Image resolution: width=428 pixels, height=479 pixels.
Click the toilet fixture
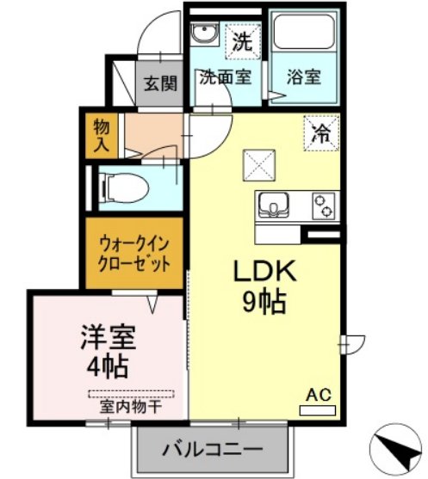click(125, 187)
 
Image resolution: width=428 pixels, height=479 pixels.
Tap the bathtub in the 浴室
click(304, 31)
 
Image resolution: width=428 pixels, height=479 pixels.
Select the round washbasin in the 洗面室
click(204, 34)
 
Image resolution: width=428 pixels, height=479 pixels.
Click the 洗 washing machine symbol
click(243, 41)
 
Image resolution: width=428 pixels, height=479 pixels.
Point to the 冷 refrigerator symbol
click(321, 133)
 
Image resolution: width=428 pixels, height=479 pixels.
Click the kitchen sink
click(273, 206)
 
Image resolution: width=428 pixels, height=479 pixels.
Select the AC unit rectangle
click(317, 410)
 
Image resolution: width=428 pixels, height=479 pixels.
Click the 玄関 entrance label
click(161, 83)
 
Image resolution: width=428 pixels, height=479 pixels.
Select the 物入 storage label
click(102, 135)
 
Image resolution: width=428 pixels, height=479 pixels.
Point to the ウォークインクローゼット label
click(134, 254)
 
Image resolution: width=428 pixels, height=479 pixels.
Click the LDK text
click(265, 271)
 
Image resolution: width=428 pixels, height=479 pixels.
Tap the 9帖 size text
click(264, 302)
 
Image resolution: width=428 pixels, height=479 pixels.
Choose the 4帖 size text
click(108, 366)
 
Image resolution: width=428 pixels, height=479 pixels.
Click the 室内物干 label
click(131, 407)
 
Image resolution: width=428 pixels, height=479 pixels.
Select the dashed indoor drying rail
click(131, 394)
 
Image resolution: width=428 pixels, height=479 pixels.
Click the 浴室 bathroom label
click(304, 77)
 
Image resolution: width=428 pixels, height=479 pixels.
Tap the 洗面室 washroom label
click(225, 77)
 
